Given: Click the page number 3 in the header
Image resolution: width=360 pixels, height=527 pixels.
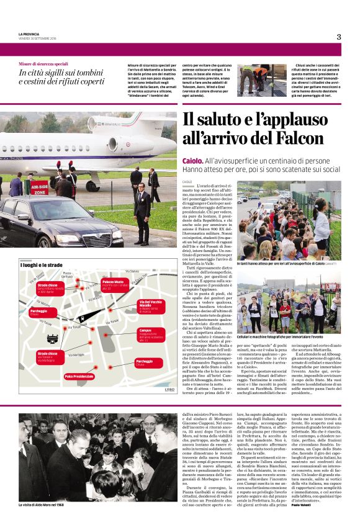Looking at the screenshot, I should pos(339,37).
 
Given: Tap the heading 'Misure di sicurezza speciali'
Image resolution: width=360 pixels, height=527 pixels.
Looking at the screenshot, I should pos(43,64).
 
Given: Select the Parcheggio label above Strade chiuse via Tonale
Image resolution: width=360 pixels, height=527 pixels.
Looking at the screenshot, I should pos(40,312).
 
